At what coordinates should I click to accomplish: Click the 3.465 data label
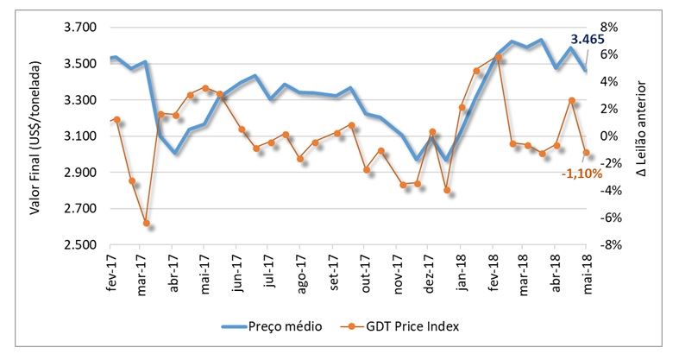pyautogui.click(x=587, y=40)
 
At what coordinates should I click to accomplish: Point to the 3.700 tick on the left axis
pyautogui.click(x=79, y=28)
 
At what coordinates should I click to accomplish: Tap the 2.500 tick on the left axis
pyautogui.click(x=79, y=245)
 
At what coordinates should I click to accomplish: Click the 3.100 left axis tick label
pyautogui.click(x=79, y=136)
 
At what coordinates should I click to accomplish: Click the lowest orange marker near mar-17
pyautogui.click(x=146, y=224)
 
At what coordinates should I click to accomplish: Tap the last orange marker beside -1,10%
pyautogui.click(x=587, y=153)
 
